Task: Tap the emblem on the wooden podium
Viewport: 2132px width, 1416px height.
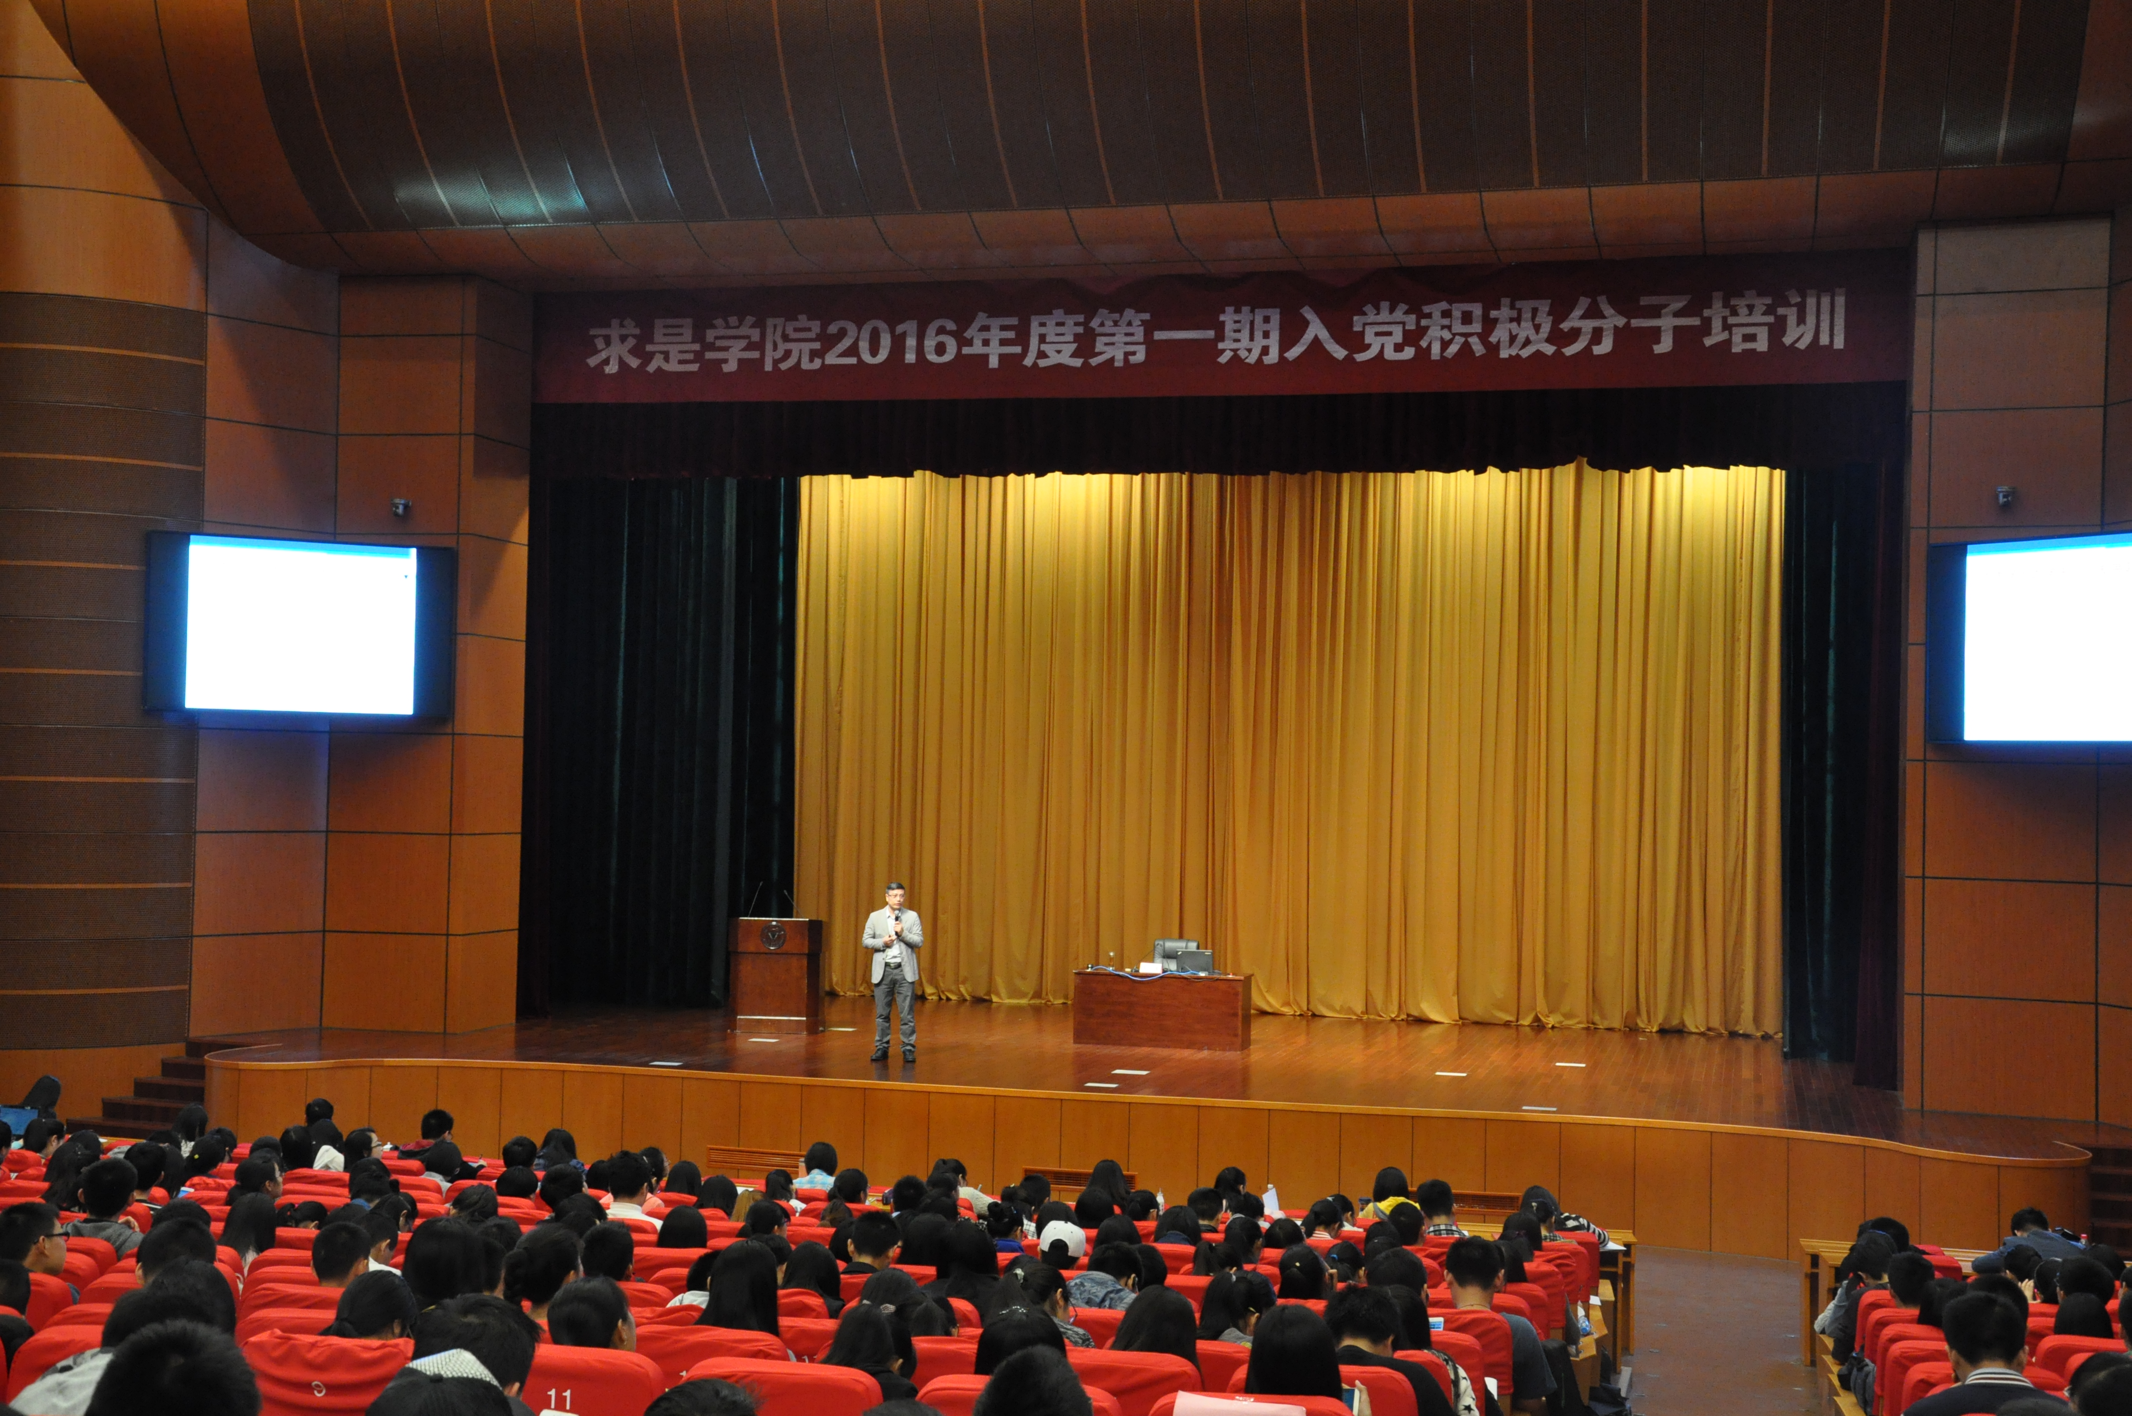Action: click(x=774, y=936)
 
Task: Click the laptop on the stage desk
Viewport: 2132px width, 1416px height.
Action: click(x=1194, y=961)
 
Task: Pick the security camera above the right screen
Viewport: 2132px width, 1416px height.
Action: click(x=2005, y=495)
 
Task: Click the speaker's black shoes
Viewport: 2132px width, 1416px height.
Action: click(x=892, y=1055)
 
